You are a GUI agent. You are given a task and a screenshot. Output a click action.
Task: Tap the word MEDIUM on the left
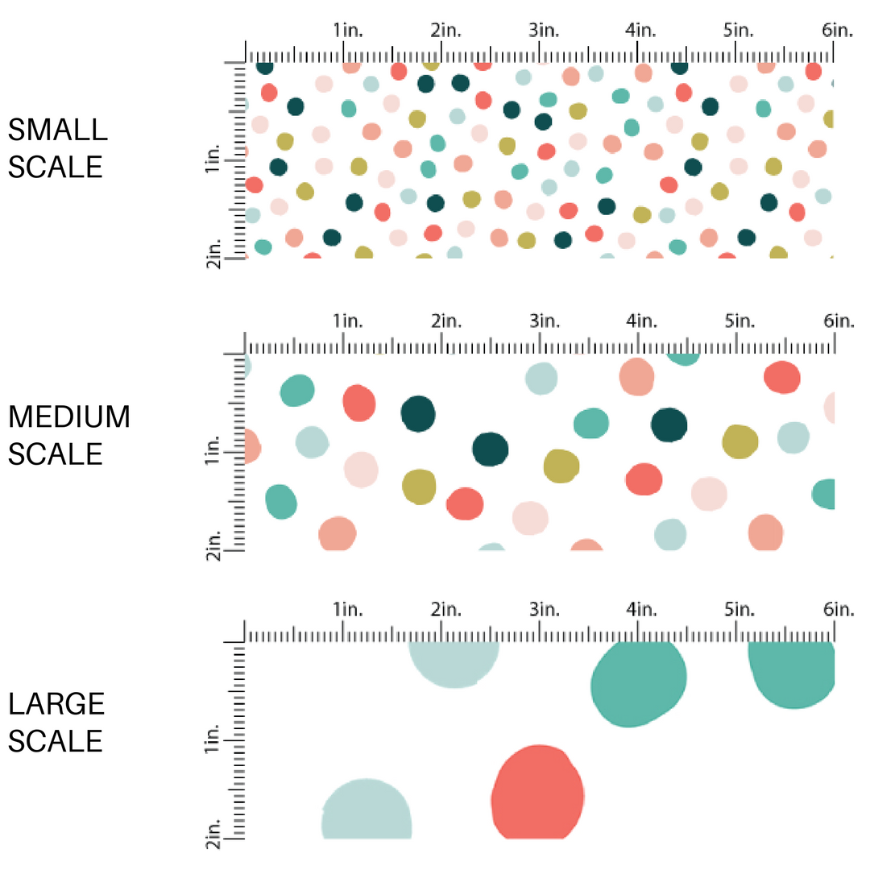point(68,417)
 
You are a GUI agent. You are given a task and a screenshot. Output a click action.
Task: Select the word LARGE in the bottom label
point(56,704)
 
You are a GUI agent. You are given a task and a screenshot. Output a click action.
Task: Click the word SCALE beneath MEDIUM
point(56,454)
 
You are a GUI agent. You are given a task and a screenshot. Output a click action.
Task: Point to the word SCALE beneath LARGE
point(56,741)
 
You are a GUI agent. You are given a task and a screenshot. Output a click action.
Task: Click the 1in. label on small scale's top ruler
point(348,31)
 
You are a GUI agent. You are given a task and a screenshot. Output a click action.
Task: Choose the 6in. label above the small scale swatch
point(837,31)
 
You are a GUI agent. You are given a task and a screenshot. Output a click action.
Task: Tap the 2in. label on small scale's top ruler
point(445,31)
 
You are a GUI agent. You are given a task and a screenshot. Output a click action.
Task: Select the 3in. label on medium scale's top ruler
point(544,321)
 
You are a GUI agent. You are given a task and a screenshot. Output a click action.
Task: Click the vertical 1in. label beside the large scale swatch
point(213,739)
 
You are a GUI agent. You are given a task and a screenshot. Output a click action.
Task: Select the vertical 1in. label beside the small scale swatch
point(213,165)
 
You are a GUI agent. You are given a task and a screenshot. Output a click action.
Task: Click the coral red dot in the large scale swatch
point(537,793)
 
